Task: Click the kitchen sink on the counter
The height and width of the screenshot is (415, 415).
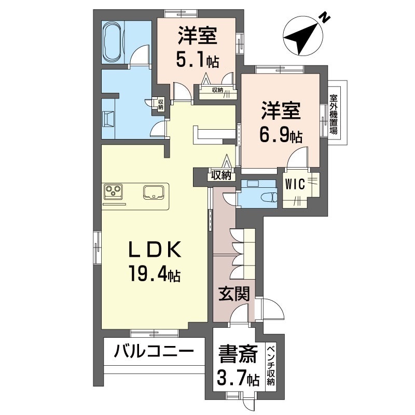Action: [154, 192]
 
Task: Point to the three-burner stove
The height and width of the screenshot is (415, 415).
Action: [113, 192]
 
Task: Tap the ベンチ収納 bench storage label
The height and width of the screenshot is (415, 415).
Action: [270, 366]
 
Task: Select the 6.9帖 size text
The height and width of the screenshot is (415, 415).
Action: [281, 136]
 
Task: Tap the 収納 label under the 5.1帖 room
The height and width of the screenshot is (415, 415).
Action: [217, 90]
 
